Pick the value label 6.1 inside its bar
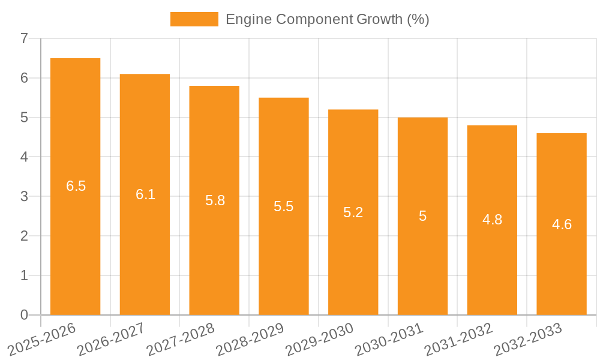145,194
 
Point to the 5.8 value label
215,200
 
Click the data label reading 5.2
353,212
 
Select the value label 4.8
492,220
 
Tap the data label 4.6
562,224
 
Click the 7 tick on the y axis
24,38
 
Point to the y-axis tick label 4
24,157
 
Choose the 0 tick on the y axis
24,315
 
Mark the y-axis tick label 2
24,236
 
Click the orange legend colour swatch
194,19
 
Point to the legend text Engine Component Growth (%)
327,19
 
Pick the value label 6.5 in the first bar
76,186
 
